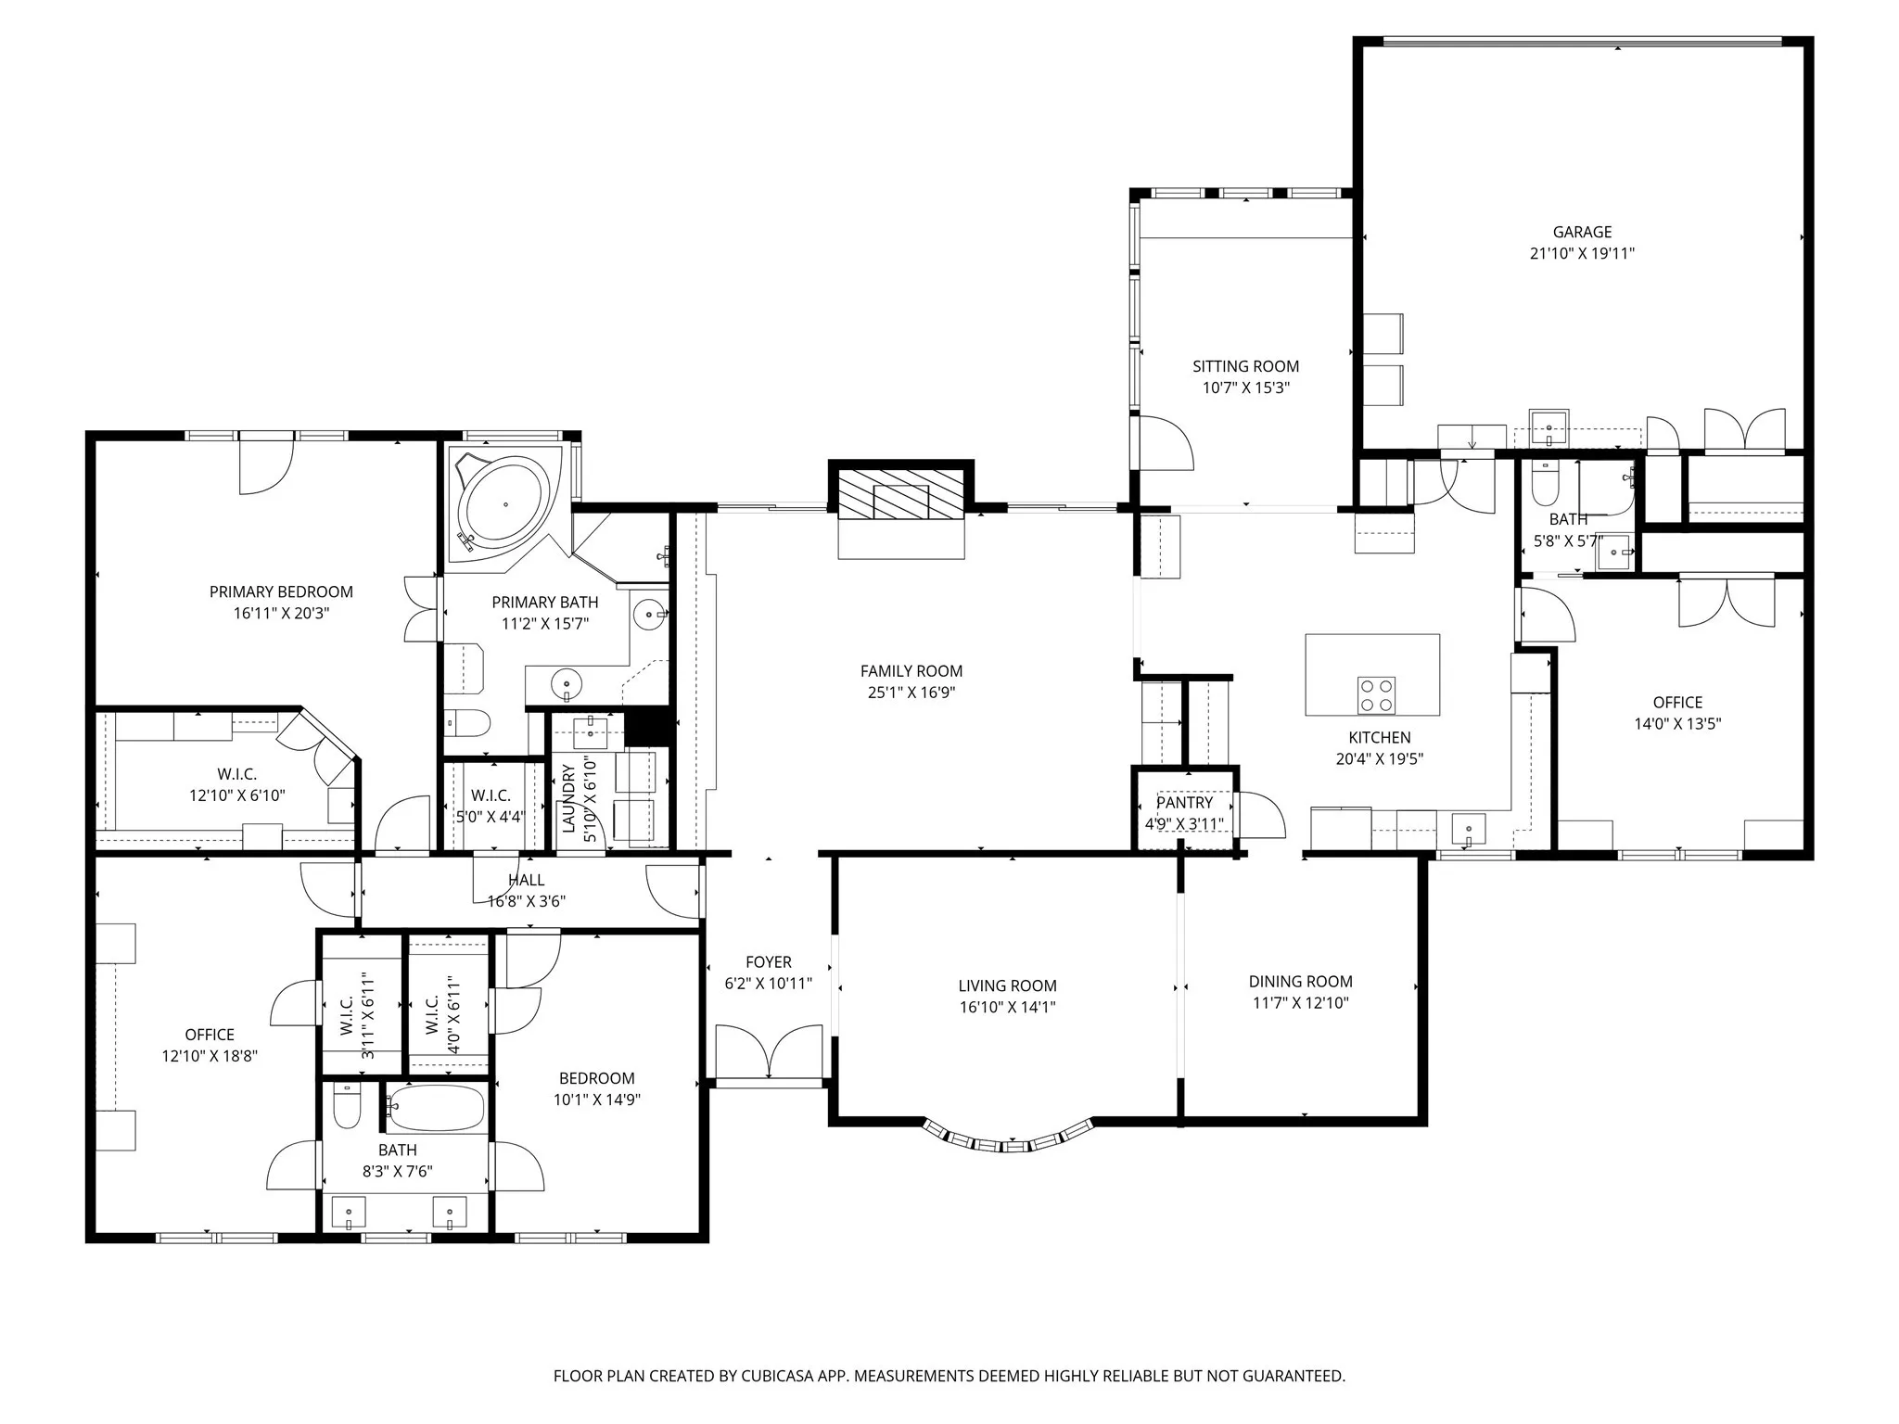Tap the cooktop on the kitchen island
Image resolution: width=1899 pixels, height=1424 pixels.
pos(1376,695)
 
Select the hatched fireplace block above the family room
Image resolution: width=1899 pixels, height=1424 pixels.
pos(899,494)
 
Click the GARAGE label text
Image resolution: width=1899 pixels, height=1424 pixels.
pos(1582,232)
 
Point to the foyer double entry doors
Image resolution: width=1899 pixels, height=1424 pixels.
pos(769,1052)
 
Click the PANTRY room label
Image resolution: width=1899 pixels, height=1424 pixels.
pos(1184,803)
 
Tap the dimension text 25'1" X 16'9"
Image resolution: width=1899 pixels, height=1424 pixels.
pos(911,693)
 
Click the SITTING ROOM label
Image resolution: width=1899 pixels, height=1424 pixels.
pos(1245,366)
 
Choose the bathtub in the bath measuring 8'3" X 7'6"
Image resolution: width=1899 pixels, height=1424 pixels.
pos(436,1107)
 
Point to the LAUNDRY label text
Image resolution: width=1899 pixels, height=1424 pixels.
pos(568,799)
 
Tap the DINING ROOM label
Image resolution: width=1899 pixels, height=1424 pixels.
pos(1300,981)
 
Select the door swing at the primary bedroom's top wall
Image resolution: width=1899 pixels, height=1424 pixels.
pos(266,466)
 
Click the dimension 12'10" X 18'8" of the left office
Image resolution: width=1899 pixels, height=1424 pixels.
pos(210,1056)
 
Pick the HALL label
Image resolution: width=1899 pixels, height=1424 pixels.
pos(526,880)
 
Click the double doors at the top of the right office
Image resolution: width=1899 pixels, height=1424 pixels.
pos(1726,603)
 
